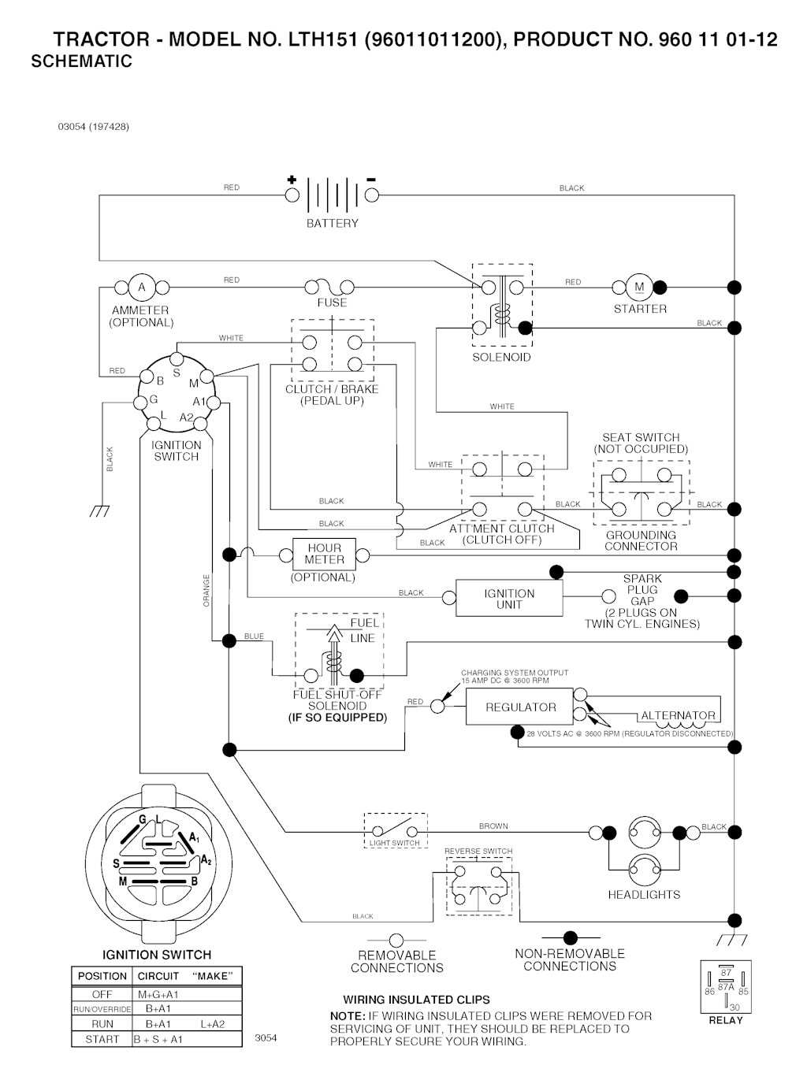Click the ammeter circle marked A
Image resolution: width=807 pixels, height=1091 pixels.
[x=142, y=288]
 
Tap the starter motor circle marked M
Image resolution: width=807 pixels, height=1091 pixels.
[x=639, y=288]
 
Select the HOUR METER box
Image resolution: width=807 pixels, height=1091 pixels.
[x=324, y=555]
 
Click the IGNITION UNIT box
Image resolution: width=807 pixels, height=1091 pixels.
[x=509, y=599]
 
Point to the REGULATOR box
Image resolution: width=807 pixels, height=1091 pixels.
[x=520, y=707]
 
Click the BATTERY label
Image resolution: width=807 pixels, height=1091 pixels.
[x=332, y=224]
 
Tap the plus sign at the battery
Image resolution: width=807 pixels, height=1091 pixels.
[x=292, y=180]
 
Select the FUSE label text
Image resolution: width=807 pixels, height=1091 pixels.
[x=332, y=302]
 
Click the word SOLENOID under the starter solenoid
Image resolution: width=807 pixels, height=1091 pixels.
[x=501, y=358]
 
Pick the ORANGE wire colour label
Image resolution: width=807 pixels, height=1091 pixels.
[x=207, y=591]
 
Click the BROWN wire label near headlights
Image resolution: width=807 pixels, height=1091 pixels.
[x=493, y=826]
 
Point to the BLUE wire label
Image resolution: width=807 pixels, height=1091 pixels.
[x=254, y=636]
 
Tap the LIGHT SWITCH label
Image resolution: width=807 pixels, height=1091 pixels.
[x=395, y=844]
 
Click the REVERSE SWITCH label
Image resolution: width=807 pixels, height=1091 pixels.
[x=478, y=852]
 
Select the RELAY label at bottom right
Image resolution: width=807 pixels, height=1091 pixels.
[x=726, y=1020]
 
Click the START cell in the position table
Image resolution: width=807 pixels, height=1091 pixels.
[x=102, y=1039]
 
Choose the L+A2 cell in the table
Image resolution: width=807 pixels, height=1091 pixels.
[x=212, y=1024]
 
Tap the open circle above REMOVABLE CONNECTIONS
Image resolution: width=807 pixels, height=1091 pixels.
[x=396, y=941]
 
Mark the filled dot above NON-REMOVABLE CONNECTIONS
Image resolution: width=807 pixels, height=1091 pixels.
[x=570, y=937]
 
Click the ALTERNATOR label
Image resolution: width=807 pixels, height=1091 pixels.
[x=678, y=716]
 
